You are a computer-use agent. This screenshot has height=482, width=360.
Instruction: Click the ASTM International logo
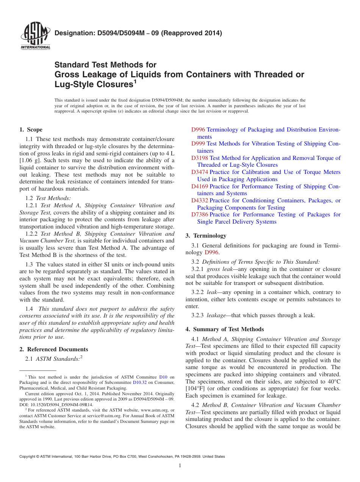[35, 36]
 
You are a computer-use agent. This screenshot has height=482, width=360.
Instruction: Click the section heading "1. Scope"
[31, 130]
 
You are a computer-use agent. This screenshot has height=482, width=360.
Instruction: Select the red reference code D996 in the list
[198, 130]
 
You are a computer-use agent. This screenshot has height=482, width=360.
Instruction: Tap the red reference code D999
[198, 144]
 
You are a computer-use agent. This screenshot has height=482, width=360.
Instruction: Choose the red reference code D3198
[200, 158]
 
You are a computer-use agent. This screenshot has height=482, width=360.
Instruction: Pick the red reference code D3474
[200, 172]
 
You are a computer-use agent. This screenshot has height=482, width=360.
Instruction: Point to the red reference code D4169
[200, 186]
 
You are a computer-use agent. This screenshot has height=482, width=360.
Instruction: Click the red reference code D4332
[200, 200]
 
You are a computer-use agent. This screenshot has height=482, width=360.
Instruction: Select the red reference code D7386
[200, 214]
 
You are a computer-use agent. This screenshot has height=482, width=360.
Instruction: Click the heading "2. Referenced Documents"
[53, 349]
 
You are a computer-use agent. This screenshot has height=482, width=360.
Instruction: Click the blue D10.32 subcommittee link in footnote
[139, 383]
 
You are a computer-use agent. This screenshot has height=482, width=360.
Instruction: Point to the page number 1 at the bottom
[180, 466]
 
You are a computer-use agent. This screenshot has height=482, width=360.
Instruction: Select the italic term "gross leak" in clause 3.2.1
[219, 269]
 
